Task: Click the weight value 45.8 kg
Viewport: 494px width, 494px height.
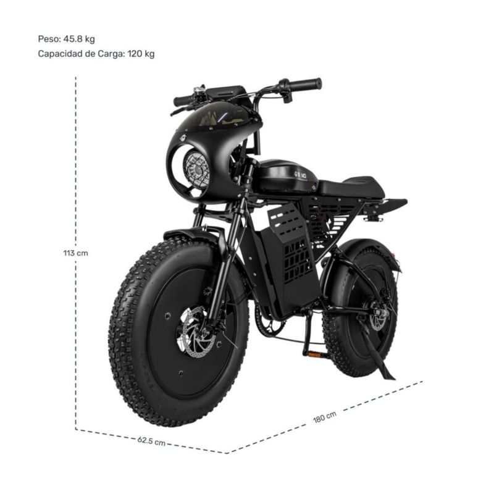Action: click(x=79, y=39)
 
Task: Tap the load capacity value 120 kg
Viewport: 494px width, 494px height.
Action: click(x=141, y=54)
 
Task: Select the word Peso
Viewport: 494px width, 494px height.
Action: click(x=49, y=39)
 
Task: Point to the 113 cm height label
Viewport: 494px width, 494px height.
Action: click(x=75, y=253)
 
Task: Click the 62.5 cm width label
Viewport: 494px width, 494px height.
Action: click(x=151, y=441)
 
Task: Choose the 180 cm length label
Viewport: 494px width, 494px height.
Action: click(x=325, y=417)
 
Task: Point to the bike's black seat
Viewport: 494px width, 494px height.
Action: click(x=352, y=188)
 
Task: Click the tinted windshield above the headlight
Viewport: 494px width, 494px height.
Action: click(x=217, y=115)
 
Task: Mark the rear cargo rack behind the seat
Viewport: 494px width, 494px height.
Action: click(x=385, y=205)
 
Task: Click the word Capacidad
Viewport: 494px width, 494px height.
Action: click(x=60, y=54)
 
